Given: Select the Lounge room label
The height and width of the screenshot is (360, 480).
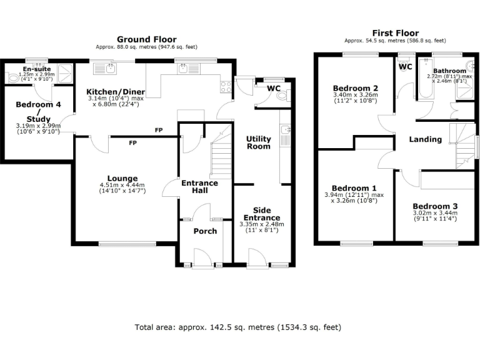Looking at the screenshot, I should (x=122, y=178).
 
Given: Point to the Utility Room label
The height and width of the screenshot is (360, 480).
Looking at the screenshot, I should (x=258, y=142).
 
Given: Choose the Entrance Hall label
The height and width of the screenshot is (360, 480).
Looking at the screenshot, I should (x=199, y=186).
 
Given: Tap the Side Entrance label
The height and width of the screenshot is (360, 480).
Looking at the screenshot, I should (x=261, y=214).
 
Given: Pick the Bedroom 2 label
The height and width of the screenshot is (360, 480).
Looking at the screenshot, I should (x=355, y=87).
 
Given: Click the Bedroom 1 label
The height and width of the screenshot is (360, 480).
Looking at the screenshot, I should (x=354, y=188).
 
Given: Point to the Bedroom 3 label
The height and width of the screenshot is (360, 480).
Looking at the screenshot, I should (x=435, y=206).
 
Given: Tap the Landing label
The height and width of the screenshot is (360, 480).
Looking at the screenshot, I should (x=425, y=139).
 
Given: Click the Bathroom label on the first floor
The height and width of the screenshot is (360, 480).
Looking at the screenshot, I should (x=450, y=71).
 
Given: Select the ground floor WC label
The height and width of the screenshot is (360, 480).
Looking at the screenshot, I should (x=274, y=88).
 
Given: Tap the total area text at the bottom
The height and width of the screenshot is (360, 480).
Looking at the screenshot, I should (x=238, y=327).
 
